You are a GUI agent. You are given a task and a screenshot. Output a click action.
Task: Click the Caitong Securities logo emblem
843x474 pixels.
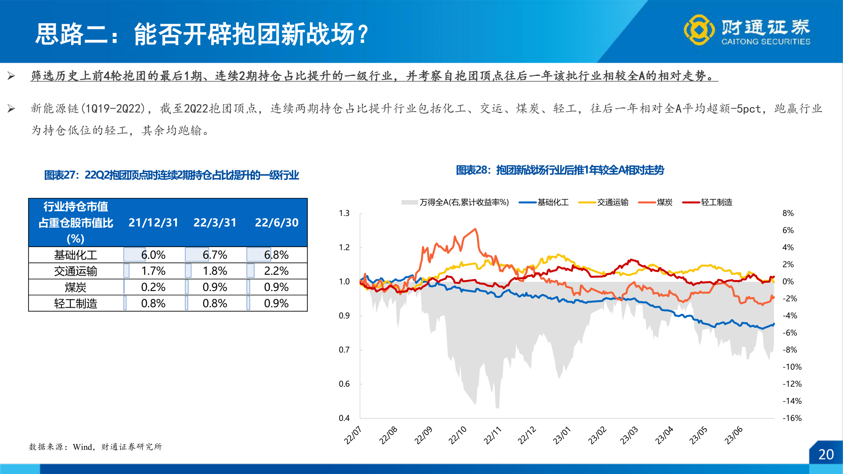coord(699,30)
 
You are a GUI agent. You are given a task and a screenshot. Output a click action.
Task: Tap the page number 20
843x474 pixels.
coord(826,454)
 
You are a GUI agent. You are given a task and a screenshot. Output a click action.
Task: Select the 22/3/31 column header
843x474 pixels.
coord(215,223)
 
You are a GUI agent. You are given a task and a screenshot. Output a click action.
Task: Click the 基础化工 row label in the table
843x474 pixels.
coord(76,255)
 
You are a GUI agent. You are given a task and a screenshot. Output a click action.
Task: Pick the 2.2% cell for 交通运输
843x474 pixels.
coord(276,271)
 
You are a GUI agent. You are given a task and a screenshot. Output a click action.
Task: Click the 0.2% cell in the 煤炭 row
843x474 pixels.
coord(153,287)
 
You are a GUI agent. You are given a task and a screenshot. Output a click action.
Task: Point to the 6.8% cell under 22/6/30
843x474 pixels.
coord(276,255)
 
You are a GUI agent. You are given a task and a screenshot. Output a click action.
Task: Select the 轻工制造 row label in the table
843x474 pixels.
coord(76,303)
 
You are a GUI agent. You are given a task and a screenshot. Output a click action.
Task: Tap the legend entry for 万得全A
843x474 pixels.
coord(456,202)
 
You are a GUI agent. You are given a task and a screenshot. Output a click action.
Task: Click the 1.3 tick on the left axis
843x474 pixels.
coord(344,213)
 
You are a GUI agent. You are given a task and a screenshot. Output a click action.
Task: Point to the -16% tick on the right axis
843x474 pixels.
coord(792,418)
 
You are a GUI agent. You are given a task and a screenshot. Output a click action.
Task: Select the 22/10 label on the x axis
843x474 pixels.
coord(458,435)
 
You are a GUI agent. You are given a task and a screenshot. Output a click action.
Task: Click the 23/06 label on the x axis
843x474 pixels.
coord(734,435)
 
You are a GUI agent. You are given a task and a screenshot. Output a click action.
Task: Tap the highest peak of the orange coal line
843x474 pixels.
coord(476,229)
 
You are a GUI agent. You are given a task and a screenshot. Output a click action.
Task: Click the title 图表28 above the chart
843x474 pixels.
coord(560,170)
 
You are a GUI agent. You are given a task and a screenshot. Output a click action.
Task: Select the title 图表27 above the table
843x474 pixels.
coord(171,175)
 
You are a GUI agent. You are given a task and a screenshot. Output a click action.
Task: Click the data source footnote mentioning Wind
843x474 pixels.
coord(95,447)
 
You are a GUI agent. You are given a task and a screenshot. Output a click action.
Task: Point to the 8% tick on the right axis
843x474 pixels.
coord(788,213)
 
